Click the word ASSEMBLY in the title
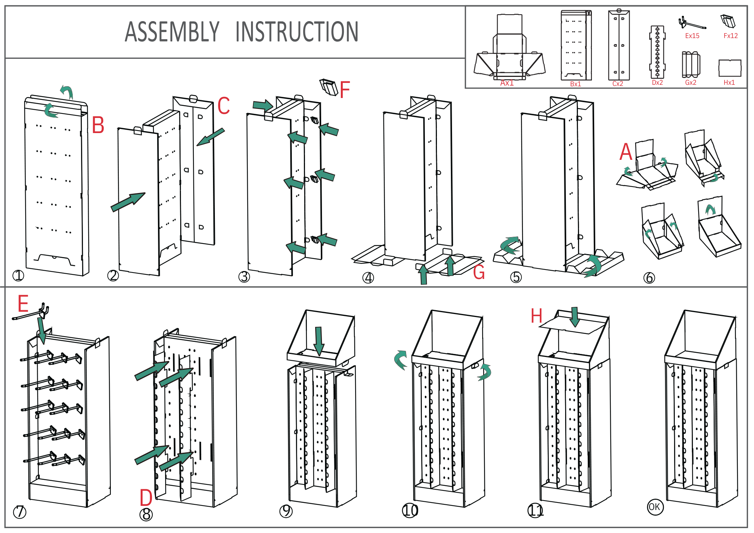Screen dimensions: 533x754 click(172, 32)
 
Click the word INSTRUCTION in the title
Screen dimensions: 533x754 click(297, 32)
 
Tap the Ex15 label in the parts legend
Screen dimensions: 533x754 click(692, 36)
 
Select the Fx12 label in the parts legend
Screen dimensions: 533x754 click(730, 36)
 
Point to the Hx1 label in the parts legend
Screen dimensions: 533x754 click(729, 83)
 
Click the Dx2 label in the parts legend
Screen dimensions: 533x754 click(657, 83)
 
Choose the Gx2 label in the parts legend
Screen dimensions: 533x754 click(691, 83)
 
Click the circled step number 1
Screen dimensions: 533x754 click(18, 276)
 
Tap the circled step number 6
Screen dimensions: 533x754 click(649, 278)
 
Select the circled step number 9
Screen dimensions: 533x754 click(286, 511)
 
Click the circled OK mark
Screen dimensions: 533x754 click(655, 507)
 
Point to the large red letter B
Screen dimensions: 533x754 click(98, 125)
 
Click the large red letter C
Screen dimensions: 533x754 click(224, 106)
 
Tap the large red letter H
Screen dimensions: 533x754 click(536, 316)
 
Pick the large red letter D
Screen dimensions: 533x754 click(146, 498)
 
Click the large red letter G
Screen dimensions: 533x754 click(479, 272)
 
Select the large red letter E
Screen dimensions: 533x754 click(23, 304)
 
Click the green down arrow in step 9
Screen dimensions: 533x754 click(319, 341)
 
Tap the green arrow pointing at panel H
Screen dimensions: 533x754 click(575, 317)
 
